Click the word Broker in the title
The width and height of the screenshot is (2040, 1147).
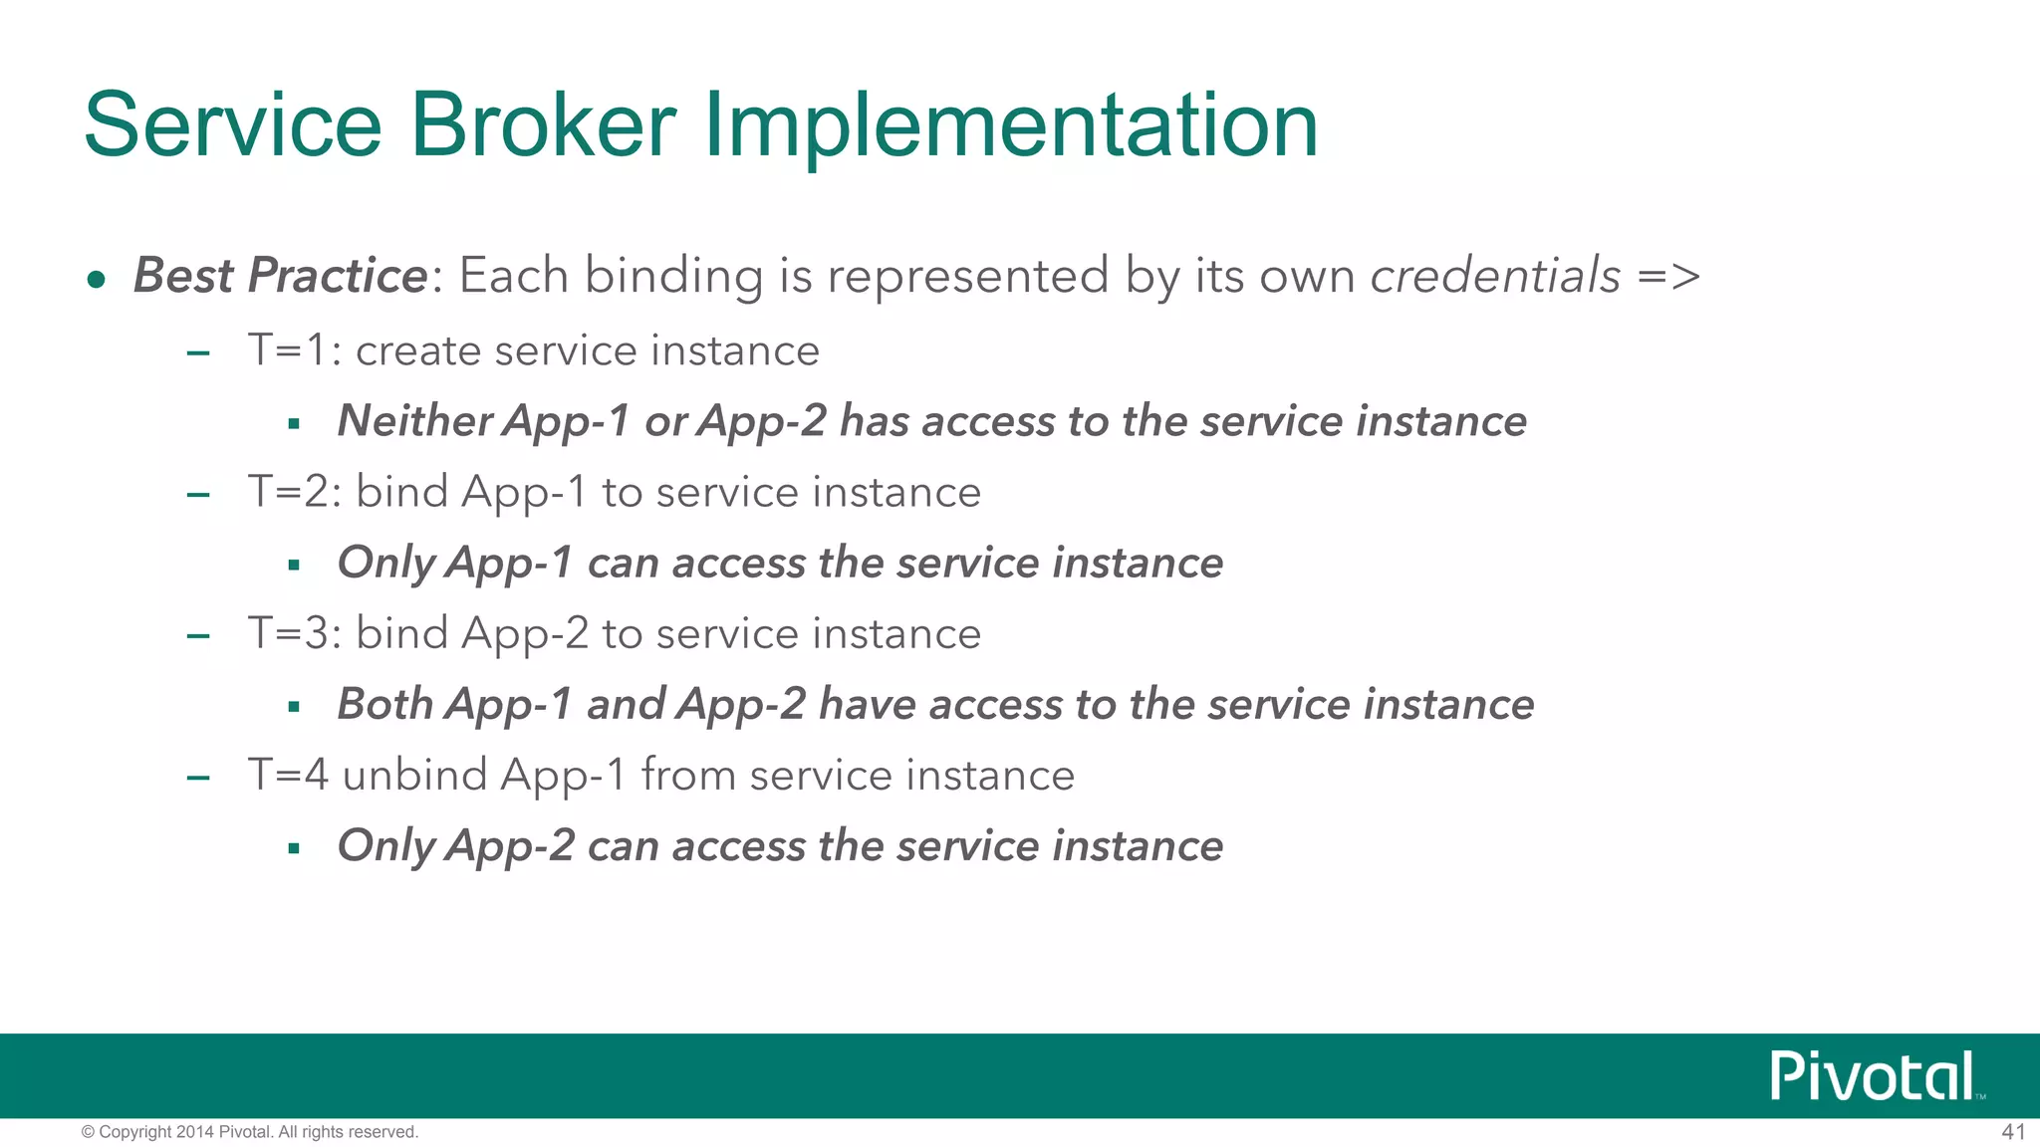point(543,125)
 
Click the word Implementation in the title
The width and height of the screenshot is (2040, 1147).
point(1011,125)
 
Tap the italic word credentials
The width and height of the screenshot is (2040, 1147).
point(1495,276)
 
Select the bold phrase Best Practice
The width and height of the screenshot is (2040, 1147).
point(281,276)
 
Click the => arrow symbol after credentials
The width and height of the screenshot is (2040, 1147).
point(1669,277)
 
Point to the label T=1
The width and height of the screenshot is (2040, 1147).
point(288,350)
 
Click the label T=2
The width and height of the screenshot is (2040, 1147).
point(288,492)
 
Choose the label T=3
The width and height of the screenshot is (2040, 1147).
point(288,633)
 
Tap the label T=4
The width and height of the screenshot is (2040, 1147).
point(288,775)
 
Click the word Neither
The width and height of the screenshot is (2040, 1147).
point(414,420)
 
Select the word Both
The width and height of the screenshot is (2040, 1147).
point(384,704)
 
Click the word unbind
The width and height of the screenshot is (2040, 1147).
point(413,775)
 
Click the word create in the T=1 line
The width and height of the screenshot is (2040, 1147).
point(417,351)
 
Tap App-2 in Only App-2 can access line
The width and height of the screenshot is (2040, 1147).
point(510,846)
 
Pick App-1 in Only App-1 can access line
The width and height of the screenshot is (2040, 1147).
point(510,564)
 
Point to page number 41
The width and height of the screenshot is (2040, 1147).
point(2013,1132)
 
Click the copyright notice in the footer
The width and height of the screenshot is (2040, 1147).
point(249,1132)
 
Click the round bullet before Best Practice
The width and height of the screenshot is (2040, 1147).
point(96,280)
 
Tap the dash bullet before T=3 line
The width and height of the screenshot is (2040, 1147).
point(198,636)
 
